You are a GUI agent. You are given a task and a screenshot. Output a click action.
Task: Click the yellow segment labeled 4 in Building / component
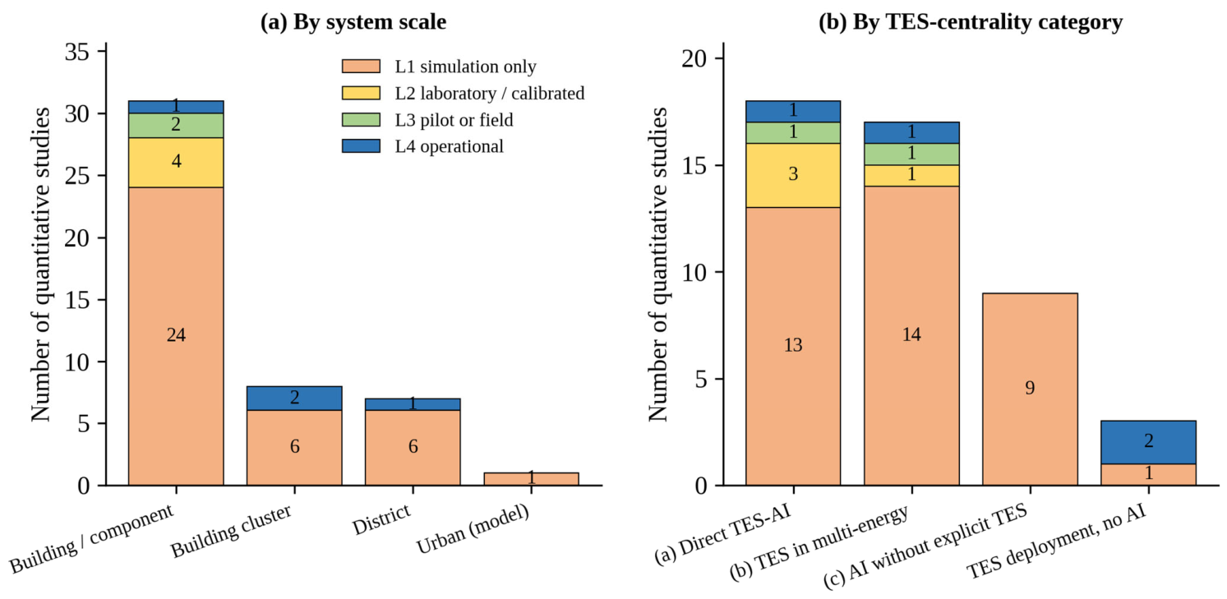click(176, 163)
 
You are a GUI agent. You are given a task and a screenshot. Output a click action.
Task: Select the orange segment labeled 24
click(176, 336)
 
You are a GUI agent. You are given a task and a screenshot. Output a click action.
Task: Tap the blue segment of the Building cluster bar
click(294, 398)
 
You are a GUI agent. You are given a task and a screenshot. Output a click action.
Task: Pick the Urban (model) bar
click(531, 479)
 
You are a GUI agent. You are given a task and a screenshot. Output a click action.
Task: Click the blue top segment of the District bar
click(413, 404)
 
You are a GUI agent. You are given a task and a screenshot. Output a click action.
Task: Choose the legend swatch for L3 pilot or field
click(361, 119)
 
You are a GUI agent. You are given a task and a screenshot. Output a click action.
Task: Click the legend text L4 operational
click(450, 146)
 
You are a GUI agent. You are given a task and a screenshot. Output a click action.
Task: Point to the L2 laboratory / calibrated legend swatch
click(361, 93)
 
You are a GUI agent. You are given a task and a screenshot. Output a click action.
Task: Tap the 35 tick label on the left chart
click(77, 52)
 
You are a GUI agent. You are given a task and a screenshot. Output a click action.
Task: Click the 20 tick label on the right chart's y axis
click(694, 58)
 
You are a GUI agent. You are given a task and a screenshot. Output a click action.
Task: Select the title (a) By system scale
click(353, 22)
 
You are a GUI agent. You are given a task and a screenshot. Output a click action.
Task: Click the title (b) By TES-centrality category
click(971, 22)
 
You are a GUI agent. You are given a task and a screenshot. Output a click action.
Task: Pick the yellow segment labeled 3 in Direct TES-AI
click(792, 175)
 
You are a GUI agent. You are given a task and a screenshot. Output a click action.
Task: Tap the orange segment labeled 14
click(911, 335)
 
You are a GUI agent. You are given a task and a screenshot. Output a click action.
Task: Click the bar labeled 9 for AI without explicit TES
click(1030, 389)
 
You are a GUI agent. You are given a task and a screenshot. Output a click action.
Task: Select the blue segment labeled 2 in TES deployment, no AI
click(1148, 442)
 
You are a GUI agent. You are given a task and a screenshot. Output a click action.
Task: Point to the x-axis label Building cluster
click(231, 531)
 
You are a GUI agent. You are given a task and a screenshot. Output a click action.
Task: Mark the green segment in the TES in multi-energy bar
click(911, 154)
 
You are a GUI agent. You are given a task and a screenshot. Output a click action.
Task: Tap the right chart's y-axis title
click(657, 265)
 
